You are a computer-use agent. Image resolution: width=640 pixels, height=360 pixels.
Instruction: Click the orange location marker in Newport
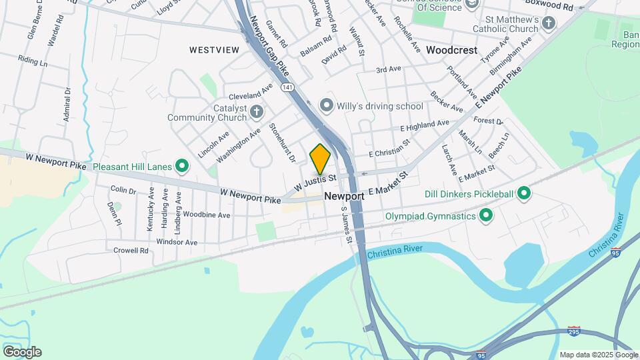pyautogui.click(x=320, y=159)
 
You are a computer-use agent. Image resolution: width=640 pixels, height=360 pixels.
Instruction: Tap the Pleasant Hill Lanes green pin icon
pyautogui.click(x=181, y=167)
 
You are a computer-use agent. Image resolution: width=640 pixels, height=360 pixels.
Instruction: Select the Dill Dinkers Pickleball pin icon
pyautogui.click(x=524, y=194)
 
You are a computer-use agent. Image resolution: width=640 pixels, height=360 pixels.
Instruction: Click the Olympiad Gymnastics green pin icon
pyautogui.click(x=486, y=215)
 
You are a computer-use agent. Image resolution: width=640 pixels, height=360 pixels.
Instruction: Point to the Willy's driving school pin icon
pyautogui.click(x=326, y=105)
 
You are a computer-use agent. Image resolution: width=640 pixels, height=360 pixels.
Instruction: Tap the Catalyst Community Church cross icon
pyautogui.click(x=256, y=112)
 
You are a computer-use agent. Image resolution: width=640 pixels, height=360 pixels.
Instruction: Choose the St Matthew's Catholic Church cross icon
pyautogui.click(x=548, y=24)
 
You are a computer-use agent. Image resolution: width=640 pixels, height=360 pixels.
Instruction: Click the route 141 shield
pyautogui.click(x=287, y=87)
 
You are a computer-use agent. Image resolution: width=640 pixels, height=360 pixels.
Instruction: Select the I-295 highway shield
pyautogui.click(x=573, y=331)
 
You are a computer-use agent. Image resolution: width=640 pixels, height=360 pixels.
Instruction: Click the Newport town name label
pyautogui.click(x=344, y=197)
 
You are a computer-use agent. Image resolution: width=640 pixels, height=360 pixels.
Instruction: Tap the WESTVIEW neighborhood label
pyautogui.click(x=214, y=50)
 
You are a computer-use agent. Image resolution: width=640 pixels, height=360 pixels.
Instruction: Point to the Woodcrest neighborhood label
pyautogui.click(x=452, y=50)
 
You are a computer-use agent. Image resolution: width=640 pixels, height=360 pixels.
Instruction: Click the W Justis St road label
pyautogui.click(x=314, y=181)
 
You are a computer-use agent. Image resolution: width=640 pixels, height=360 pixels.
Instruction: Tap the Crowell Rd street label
pyautogui.click(x=130, y=251)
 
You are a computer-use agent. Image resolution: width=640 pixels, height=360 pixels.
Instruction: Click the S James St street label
pyautogui.click(x=346, y=225)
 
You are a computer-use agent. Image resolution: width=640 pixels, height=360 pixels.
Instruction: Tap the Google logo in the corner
pyautogui.click(x=22, y=352)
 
